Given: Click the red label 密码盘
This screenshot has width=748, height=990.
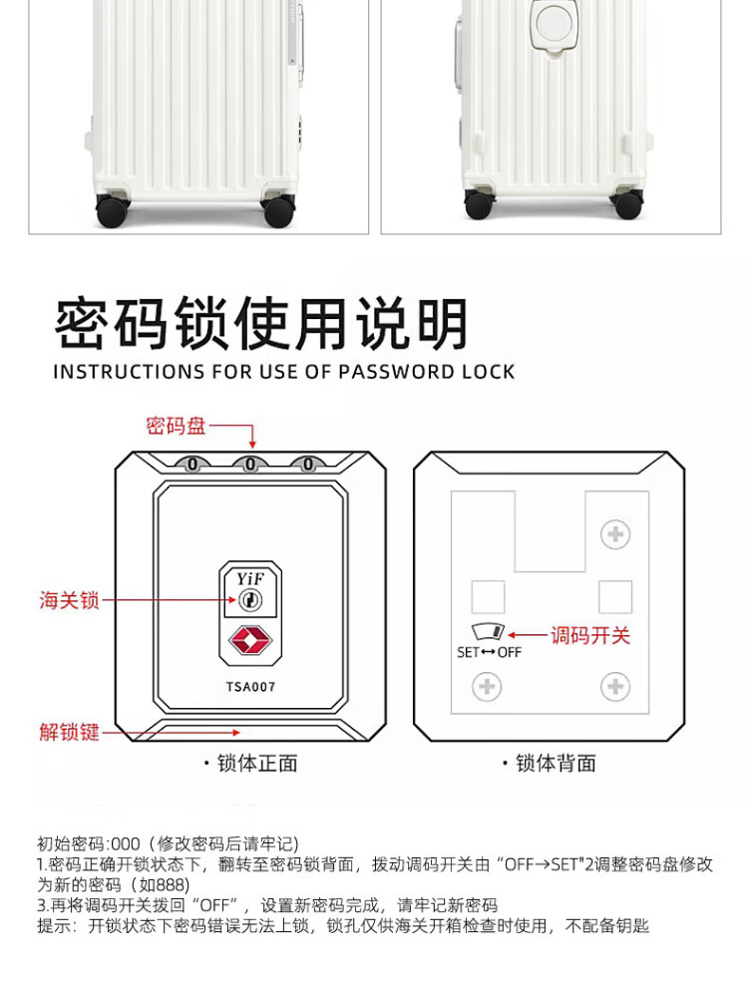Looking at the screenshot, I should [x=176, y=426].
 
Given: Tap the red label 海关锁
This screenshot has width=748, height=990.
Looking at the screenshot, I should [x=69, y=600].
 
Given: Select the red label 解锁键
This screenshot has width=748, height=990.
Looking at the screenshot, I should [x=69, y=732].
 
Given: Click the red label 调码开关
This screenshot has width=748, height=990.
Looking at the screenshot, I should [x=590, y=635].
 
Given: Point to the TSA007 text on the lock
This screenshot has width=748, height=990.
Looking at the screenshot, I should [x=250, y=687].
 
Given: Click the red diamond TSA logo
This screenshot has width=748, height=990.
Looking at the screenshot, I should [x=249, y=640].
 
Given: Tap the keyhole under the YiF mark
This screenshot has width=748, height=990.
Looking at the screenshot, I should [x=249, y=599].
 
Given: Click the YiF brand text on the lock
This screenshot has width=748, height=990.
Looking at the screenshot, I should [x=249, y=577].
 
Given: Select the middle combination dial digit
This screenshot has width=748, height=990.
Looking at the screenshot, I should [x=250, y=464].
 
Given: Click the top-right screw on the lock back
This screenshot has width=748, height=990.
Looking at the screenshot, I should [x=615, y=534].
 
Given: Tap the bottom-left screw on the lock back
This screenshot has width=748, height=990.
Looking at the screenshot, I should [x=487, y=686].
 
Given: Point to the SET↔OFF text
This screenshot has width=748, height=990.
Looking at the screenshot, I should [x=489, y=653].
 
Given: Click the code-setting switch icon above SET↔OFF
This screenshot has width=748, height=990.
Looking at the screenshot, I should [x=489, y=633].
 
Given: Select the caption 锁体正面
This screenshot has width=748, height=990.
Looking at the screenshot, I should [x=256, y=764].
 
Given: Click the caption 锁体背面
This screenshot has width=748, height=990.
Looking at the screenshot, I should [x=556, y=764].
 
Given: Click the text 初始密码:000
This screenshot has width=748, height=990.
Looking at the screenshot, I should [x=89, y=843].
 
